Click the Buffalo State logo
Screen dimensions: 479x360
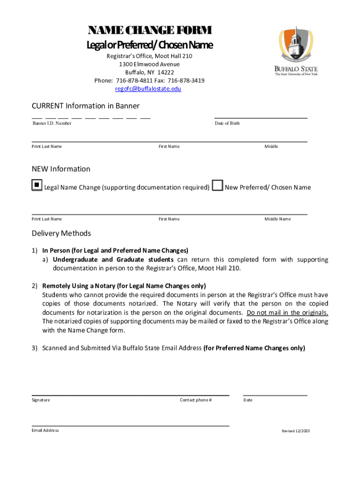click(295, 50)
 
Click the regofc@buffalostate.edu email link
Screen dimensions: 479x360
click(148, 89)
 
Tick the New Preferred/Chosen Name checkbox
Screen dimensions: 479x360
click(217, 186)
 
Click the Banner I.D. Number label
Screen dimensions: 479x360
click(52, 123)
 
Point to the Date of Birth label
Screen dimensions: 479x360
click(227, 123)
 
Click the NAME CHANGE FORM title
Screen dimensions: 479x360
click(150, 31)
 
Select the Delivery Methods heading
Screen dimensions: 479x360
click(61, 233)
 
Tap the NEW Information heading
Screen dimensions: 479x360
click(61, 169)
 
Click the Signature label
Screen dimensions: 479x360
click(41, 400)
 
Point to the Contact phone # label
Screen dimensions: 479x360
click(196, 400)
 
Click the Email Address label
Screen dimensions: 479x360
click(45, 430)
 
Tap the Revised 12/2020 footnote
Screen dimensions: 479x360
click(295, 431)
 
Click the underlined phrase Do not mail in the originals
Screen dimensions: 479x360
click(288, 312)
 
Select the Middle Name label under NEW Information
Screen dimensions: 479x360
click(278, 219)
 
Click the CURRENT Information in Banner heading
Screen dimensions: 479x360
click(86, 106)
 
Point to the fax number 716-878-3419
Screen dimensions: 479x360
click(186, 80)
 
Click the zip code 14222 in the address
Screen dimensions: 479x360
click(166, 73)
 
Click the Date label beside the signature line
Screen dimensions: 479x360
click(248, 400)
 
